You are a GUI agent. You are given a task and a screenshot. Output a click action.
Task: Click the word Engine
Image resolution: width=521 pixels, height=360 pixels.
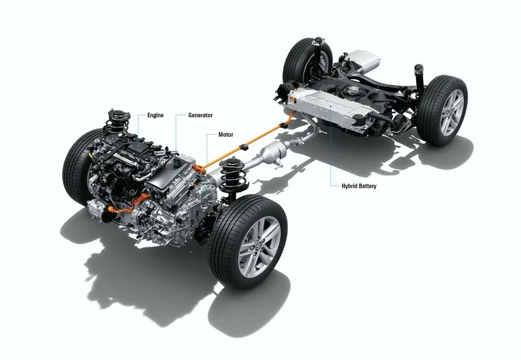click(x=155, y=115)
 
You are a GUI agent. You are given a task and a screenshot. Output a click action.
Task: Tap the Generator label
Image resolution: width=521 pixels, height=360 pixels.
click(x=200, y=115)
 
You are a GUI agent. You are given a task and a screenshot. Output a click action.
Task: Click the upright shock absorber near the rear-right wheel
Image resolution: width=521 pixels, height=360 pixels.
click(x=420, y=77)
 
